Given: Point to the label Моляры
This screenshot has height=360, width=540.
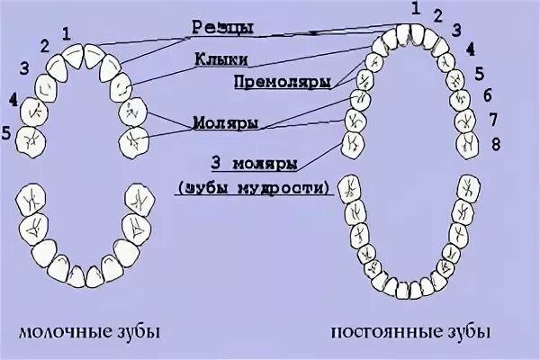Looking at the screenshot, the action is tap(218, 120).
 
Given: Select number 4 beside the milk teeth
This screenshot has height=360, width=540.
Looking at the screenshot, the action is tap(12, 98).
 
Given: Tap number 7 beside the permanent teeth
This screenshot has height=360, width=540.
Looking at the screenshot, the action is tap(492, 118).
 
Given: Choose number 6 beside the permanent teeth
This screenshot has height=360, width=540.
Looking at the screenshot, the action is tap(487, 94).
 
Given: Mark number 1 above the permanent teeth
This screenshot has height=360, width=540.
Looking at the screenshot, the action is tap(416, 8).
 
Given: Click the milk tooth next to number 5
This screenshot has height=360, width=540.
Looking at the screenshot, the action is tap(33, 140).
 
